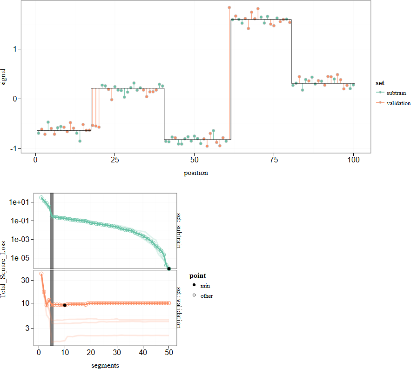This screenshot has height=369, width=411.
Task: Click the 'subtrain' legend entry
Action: click(x=396, y=94)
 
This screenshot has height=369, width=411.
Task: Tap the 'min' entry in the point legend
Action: click(x=205, y=286)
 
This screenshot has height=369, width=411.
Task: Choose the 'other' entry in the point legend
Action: click(x=207, y=295)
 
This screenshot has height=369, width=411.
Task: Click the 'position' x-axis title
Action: click(x=196, y=173)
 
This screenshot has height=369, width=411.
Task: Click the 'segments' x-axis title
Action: click(x=105, y=365)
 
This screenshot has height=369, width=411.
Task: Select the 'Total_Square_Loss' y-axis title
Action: click(x=5, y=269)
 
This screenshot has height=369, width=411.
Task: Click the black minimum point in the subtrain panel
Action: click(x=169, y=268)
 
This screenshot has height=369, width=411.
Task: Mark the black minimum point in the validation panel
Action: click(x=65, y=305)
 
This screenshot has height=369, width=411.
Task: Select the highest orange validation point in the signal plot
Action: click(x=229, y=7)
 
